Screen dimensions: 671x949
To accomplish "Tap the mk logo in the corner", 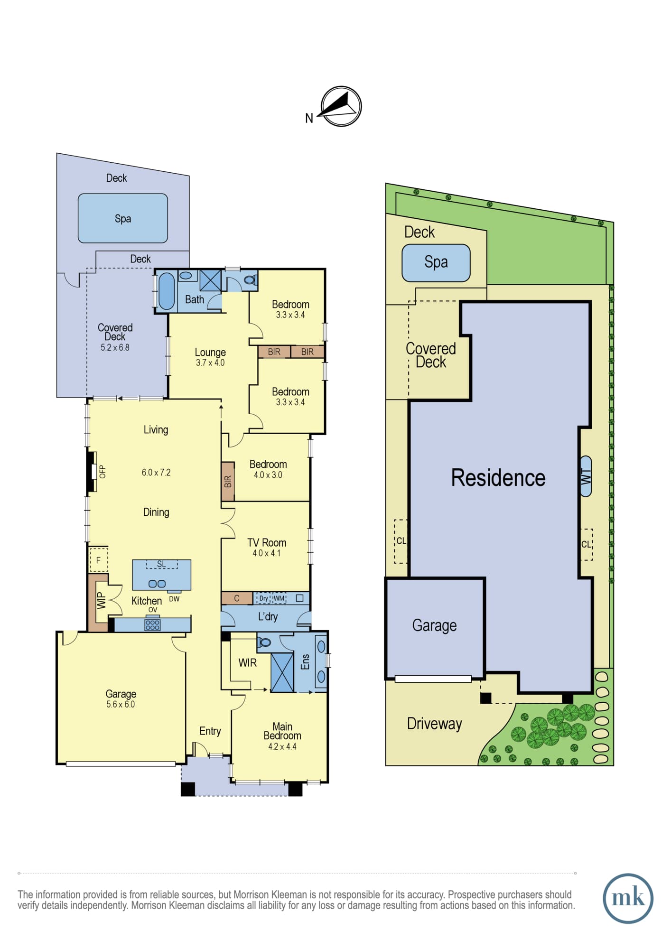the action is tap(628, 898).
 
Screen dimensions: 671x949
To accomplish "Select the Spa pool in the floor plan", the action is tap(123, 218).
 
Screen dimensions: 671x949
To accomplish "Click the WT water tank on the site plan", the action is tap(586, 476).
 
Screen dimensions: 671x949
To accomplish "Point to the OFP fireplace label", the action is tap(102, 472).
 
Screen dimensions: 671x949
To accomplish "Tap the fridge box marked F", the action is tap(99, 560).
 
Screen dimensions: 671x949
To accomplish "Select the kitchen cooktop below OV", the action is tap(152, 624).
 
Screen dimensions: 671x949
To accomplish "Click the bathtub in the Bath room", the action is tap(166, 291).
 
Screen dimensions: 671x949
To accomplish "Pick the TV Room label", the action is tap(267, 542).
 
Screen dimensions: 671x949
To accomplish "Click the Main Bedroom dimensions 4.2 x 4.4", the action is tap(282, 746).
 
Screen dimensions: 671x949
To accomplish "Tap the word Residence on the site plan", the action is tap(498, 477).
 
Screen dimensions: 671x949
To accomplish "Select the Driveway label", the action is tap(434, 724).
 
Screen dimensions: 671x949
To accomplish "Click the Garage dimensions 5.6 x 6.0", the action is tap(121, 704).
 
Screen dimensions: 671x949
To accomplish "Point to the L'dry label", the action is tap(268, 616).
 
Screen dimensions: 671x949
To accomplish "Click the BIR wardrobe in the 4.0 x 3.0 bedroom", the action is tap(228, 481).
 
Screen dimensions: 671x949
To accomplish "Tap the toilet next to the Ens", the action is tap(264, 642).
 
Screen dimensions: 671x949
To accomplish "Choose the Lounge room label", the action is tap(210, 352).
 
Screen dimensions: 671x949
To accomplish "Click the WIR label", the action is tap(247, 662).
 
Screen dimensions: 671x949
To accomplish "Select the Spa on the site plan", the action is tap(436, 262).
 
